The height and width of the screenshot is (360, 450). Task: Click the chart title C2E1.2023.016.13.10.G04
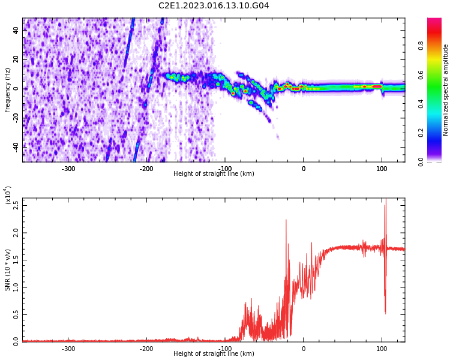click(x=214, y=6)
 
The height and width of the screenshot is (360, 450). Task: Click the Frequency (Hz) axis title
click(x=8, y=90)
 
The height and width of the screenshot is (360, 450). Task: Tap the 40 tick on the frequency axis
click(x=16, y=30)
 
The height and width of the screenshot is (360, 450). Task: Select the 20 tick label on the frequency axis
click(x=16, y=59)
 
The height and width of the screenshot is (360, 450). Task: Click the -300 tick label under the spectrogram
click(x=68, y=169)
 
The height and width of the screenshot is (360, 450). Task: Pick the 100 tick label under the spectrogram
click(x=382, y=169)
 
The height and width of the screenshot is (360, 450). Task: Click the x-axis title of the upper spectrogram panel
click(x=214, y=174)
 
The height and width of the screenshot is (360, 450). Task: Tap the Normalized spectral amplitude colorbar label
click(x=446, y=90)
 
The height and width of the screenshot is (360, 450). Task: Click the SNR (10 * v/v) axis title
click(x=8, y=269)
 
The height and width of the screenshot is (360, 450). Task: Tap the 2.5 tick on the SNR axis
click(x=16, y=205)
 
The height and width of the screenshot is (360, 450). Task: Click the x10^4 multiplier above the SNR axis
click(x=8, y=196)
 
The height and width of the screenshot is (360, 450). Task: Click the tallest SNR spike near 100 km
click(x=385, y=202)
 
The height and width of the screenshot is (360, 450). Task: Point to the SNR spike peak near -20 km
click(x=286, y=220)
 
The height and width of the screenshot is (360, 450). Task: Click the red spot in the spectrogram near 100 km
click(x=377, y=86)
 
